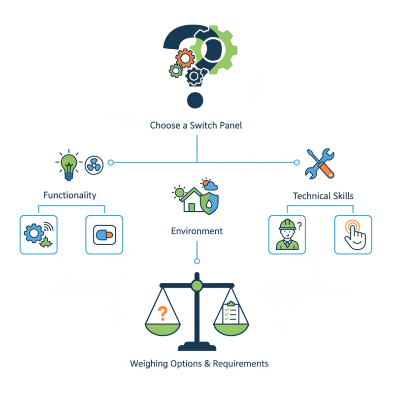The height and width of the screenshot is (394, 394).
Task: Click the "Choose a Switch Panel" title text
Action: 196,126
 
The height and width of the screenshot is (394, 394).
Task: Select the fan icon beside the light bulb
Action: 94,165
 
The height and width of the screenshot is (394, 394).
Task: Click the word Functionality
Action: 69,195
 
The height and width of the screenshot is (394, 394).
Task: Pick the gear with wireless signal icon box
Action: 38,234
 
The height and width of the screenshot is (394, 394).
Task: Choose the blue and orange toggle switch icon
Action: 104,235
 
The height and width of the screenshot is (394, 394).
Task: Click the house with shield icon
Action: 196,197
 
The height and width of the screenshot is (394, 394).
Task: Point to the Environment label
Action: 197,230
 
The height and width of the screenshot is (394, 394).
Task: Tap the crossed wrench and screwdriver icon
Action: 320,164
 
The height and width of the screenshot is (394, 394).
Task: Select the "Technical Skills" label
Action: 323,196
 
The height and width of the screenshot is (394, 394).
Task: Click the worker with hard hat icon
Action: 287,234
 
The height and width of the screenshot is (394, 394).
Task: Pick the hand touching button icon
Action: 353,234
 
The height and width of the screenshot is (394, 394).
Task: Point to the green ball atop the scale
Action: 197,285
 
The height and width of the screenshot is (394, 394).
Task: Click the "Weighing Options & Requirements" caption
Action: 199,364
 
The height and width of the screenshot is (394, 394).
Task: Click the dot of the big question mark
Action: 195,100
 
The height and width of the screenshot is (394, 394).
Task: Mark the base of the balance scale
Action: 197,346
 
